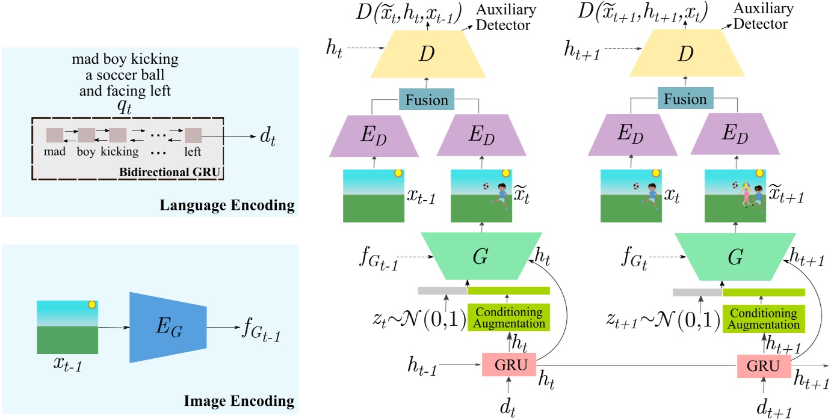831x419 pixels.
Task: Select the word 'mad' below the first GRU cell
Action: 55,151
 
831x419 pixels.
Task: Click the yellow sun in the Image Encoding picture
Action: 92,305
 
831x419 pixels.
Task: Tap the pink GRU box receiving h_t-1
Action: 508,365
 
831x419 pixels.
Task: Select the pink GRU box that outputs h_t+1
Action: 764,365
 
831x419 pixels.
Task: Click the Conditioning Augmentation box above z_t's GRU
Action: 508,317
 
